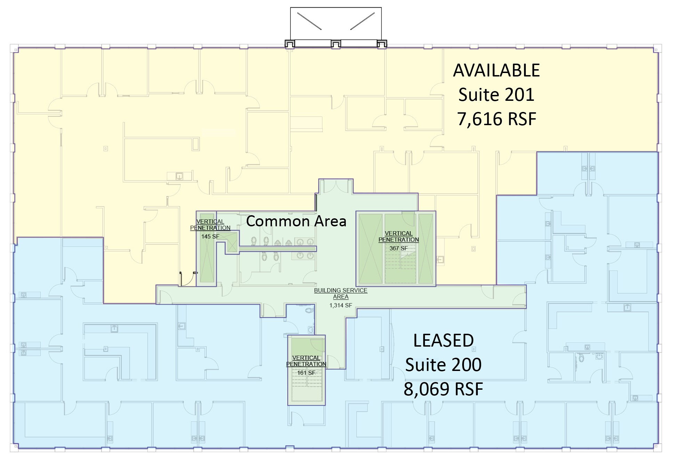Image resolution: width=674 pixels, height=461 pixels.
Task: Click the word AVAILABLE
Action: click(496, 71)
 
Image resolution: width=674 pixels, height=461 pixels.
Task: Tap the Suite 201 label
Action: click(496, 95)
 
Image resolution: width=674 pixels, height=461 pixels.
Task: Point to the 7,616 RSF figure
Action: click(497, 119)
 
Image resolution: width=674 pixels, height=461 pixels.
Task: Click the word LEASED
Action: click(443, 340)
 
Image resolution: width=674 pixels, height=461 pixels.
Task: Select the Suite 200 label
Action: click(443, 365)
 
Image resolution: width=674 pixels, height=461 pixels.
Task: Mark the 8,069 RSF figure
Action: click(443, 389)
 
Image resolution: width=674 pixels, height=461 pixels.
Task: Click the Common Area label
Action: click(296, 221)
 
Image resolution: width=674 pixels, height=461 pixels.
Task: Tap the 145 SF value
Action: click(210, 236)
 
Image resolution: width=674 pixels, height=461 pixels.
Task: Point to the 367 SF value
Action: click(399, 248)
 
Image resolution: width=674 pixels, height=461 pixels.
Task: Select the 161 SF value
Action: click(306, 373)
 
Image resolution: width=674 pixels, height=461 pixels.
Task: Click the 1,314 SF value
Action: click(341, 305)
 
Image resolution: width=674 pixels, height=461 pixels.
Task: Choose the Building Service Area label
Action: click(341, 293)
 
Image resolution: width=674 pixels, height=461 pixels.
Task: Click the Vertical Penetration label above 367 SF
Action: click(399, 236)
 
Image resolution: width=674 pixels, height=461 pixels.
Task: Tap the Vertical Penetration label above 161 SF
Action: click(306, 361)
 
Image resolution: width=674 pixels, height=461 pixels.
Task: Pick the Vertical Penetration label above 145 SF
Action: click(210, 225)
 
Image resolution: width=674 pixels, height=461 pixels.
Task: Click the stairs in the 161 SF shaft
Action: click(306, 386)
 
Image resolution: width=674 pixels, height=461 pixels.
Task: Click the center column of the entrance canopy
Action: click(336, 44)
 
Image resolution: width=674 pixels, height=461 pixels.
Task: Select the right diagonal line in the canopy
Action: click(362, 21)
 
